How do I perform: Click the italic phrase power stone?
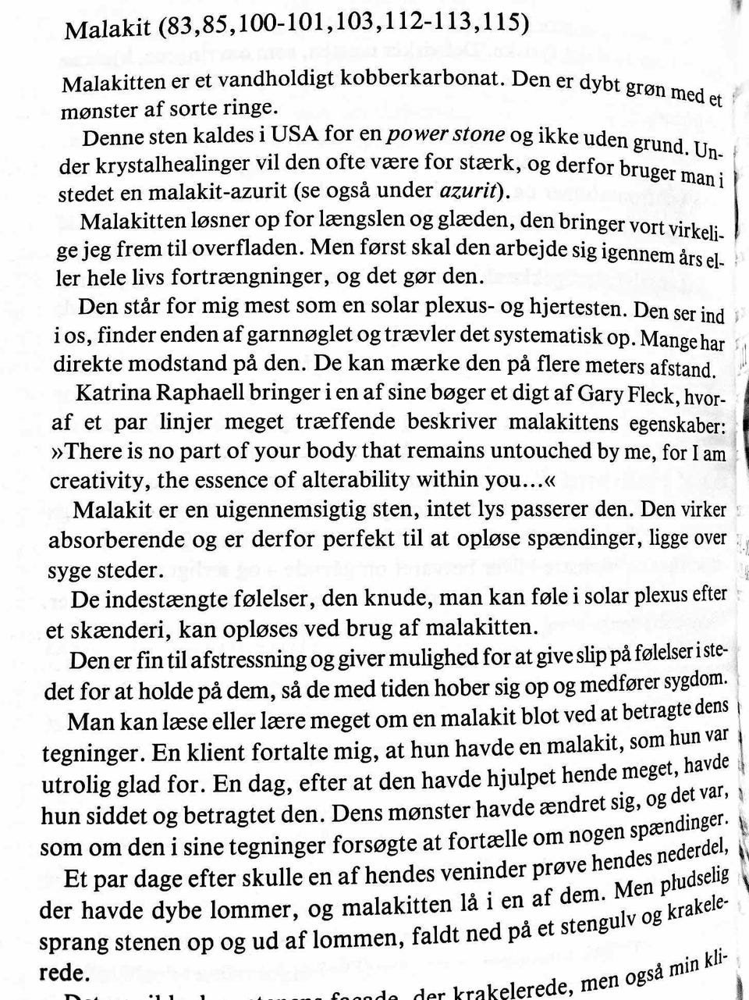tap(446, 135)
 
